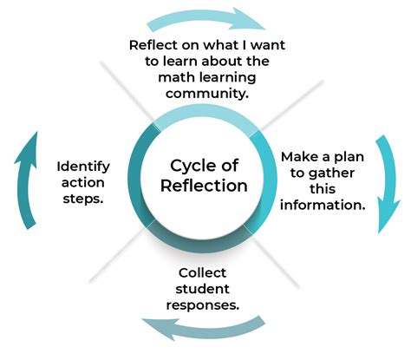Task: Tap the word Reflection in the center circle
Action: pos(205,186)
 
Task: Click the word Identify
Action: pos(82,166)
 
